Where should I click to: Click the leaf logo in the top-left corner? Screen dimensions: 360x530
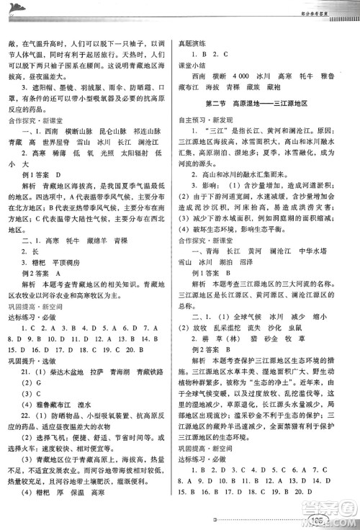tap(16, 8)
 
